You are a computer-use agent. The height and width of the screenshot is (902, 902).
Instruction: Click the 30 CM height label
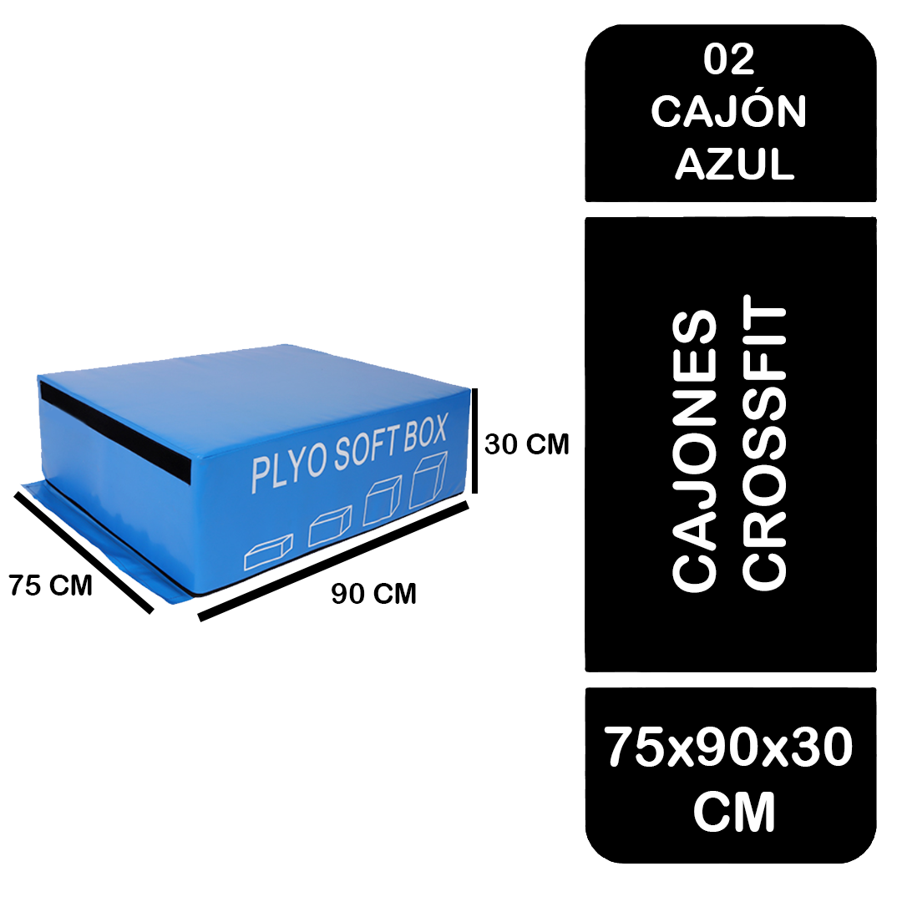coord(526,444)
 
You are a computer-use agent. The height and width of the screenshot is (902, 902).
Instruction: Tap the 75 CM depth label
coord(51,585)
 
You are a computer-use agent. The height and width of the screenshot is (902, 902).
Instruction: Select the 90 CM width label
coord(373,594)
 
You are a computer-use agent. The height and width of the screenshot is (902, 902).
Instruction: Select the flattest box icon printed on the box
coord(268,552)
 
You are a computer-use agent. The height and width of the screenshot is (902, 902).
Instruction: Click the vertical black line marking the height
coord(474,441)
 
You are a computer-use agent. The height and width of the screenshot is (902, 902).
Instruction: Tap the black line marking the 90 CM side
coord(333,561)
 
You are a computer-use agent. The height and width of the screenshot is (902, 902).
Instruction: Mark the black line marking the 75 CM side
coord(84,552)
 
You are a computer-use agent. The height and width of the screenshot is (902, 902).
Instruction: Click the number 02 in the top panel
coord(729,58)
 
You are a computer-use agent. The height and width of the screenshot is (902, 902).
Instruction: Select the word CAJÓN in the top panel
coord(729,111)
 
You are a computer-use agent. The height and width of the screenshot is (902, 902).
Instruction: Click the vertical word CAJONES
coord(694,451)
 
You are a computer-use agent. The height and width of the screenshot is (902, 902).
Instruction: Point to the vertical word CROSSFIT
coord(764,443)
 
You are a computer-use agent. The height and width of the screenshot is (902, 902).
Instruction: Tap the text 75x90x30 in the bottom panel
coord(728,746)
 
